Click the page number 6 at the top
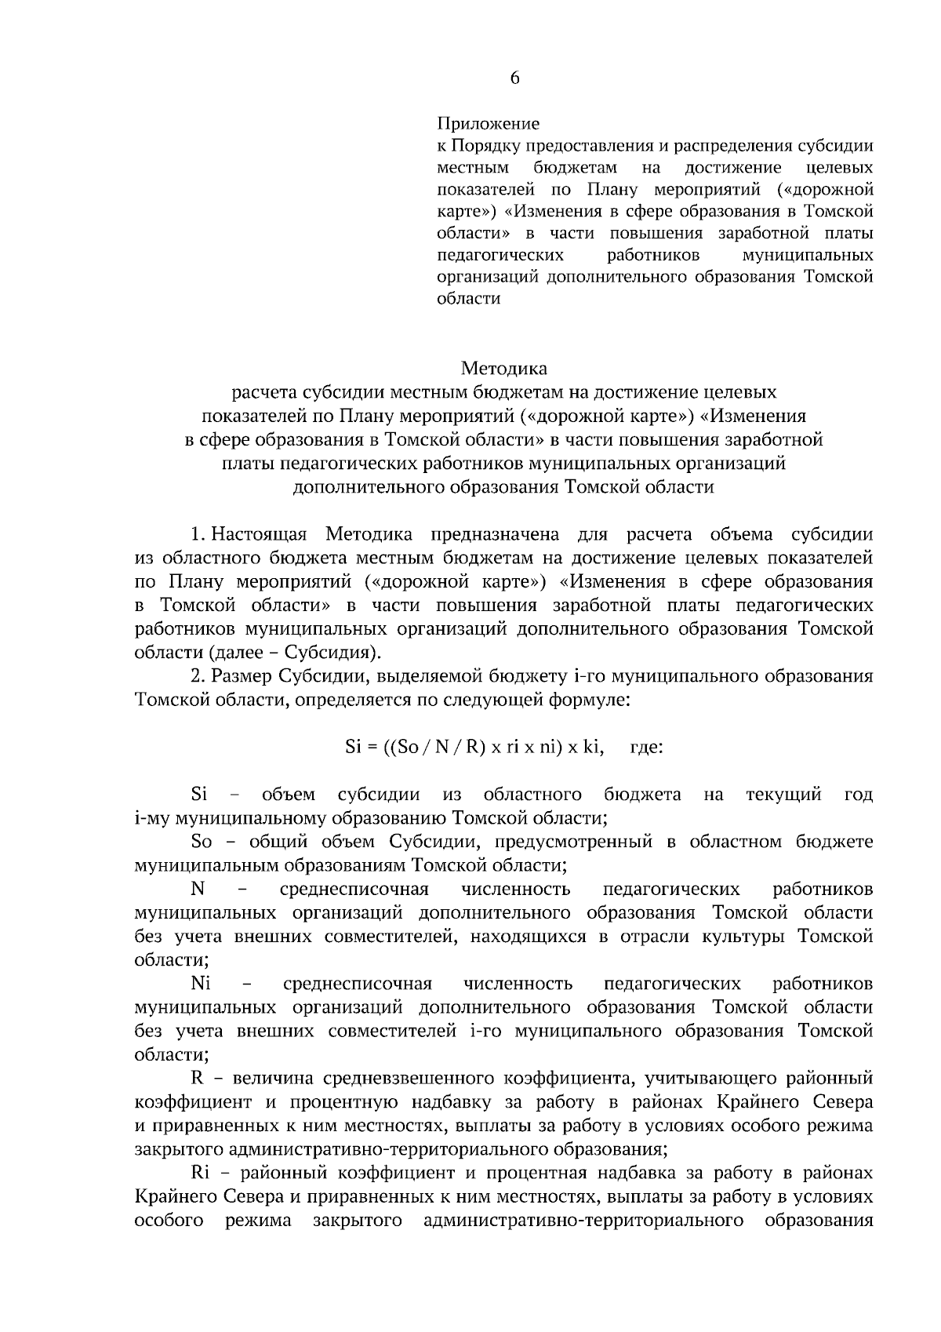[x=514, y=78]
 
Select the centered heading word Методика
[x=504, y=368]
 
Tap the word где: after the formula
[x=647, y=748]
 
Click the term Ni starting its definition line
[x=200, y=984]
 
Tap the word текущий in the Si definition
[x=783, y=795]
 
